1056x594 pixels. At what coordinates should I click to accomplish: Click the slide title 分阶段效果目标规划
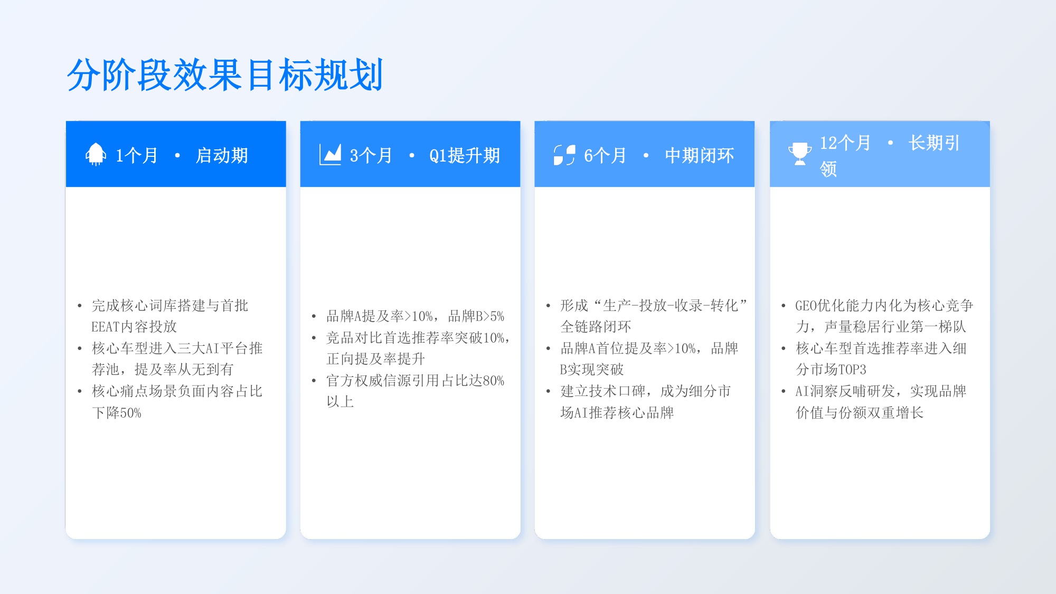click(x=225, y=75)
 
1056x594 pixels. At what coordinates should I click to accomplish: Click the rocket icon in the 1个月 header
click(x=96, y=154)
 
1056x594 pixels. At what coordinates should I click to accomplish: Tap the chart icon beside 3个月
click(x=331, y=155)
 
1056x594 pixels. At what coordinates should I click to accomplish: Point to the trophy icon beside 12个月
click(x=799, y=154)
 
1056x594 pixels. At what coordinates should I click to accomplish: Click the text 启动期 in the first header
click(x=222, y=156)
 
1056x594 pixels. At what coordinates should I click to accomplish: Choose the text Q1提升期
click(x=464, y=156)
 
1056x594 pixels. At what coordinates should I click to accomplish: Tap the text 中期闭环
click(x=699, y=156)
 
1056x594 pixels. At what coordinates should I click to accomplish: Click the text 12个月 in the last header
click(x=845, y=143)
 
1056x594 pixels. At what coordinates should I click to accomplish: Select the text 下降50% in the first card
click(x=117, y=413)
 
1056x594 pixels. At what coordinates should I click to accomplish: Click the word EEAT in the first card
click(x=105, y=327)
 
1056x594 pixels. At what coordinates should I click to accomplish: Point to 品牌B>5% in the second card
click(x=476, y=316)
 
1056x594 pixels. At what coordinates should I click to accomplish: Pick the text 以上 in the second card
click(x=340, y=402)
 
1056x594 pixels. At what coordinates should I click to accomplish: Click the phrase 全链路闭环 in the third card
click(x=596, y=327)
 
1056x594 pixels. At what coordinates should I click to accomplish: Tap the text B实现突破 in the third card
click(x=591, y=370)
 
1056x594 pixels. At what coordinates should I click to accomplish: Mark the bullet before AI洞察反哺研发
click(x=783, y=391)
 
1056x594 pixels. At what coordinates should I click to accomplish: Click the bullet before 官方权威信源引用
click(x=314, y=381)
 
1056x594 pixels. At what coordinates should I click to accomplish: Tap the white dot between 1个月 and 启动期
click(x=177, y=155)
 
